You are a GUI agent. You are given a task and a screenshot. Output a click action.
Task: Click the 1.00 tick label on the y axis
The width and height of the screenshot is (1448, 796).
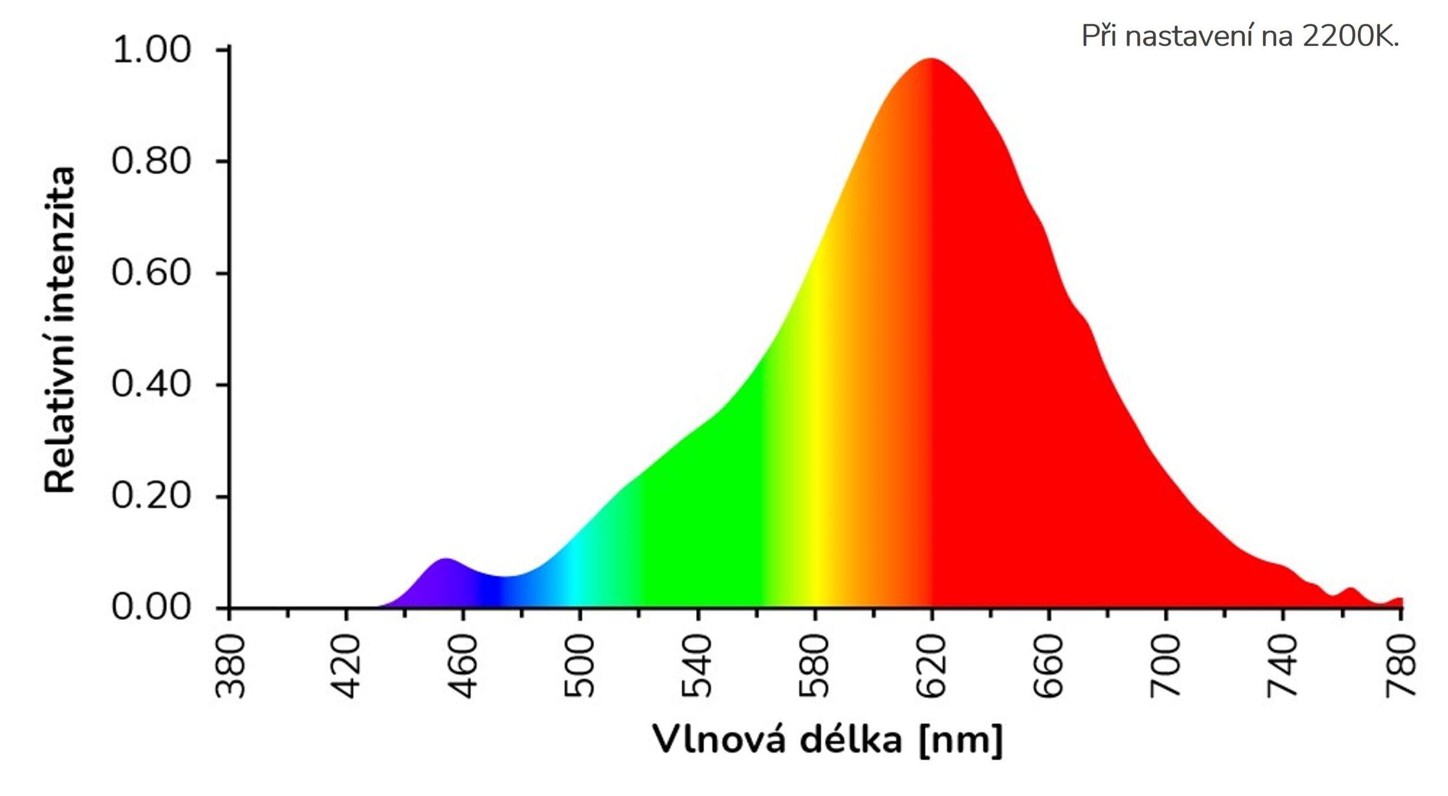(x=152, y=50)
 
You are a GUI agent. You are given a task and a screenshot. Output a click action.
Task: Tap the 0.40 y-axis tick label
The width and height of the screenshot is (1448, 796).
(x=152, y=384)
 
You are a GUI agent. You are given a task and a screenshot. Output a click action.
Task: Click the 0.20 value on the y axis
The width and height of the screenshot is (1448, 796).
(x=152, y=496)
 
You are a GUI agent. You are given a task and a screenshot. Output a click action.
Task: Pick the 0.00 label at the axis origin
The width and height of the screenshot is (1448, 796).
(x=152, y=607)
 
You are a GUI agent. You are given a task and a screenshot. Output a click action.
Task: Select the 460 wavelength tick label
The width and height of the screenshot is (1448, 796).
(x=464, y=666)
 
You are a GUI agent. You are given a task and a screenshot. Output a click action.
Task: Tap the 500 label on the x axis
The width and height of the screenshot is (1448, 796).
(x=580, y=666)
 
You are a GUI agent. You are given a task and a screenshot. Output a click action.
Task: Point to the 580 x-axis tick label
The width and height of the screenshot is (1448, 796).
(x=815, y=666)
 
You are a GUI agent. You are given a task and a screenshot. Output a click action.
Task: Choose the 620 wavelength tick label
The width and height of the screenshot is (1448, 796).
(x=932, y=666)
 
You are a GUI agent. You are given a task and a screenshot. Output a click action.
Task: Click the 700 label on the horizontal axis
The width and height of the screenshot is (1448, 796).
(x=1166, y=666)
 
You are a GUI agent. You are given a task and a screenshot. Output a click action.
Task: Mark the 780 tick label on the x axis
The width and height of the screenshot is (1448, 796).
(x=1400, y=666)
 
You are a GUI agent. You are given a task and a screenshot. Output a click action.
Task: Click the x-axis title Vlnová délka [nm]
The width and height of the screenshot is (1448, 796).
(x=827, y=739)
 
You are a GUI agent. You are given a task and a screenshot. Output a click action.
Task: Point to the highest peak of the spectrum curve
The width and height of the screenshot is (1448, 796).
(x=930, y=59)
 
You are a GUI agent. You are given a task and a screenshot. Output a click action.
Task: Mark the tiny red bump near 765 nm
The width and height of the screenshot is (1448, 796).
(x=1351, y=590)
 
